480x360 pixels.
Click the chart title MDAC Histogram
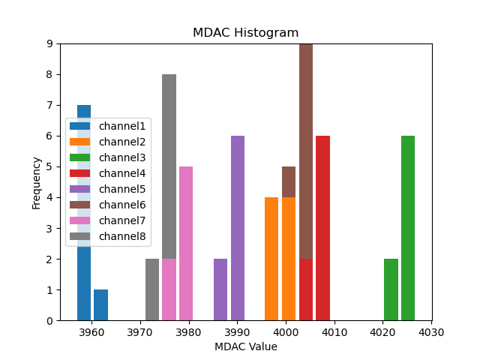coord(246,33)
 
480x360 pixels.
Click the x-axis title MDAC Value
coord(246,346)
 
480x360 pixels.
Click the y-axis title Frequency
coord(36,182)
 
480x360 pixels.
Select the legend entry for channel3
coord(122,157)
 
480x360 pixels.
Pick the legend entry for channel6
coord(122,205)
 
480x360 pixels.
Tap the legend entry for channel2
coord(122,142)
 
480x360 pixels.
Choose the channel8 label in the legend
coord(122,236)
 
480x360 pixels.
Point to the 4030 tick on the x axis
coord(431,331)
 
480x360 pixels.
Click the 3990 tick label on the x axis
coord(237,331)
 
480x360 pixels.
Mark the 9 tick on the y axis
coord(49,43)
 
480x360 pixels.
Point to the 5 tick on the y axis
coord(49,166)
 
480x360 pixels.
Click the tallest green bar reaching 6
coord(408,228)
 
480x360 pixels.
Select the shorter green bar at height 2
coord(391,289)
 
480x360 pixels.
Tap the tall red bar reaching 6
coord(322,228)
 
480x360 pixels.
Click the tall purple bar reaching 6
coord(238,228)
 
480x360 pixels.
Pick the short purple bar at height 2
coord(220,289)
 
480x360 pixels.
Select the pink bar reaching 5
coord(186,244)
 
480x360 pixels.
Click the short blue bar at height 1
coord(101,305)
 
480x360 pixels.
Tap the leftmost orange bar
coord(271,259)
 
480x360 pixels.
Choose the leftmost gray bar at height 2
coord(152,289)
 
